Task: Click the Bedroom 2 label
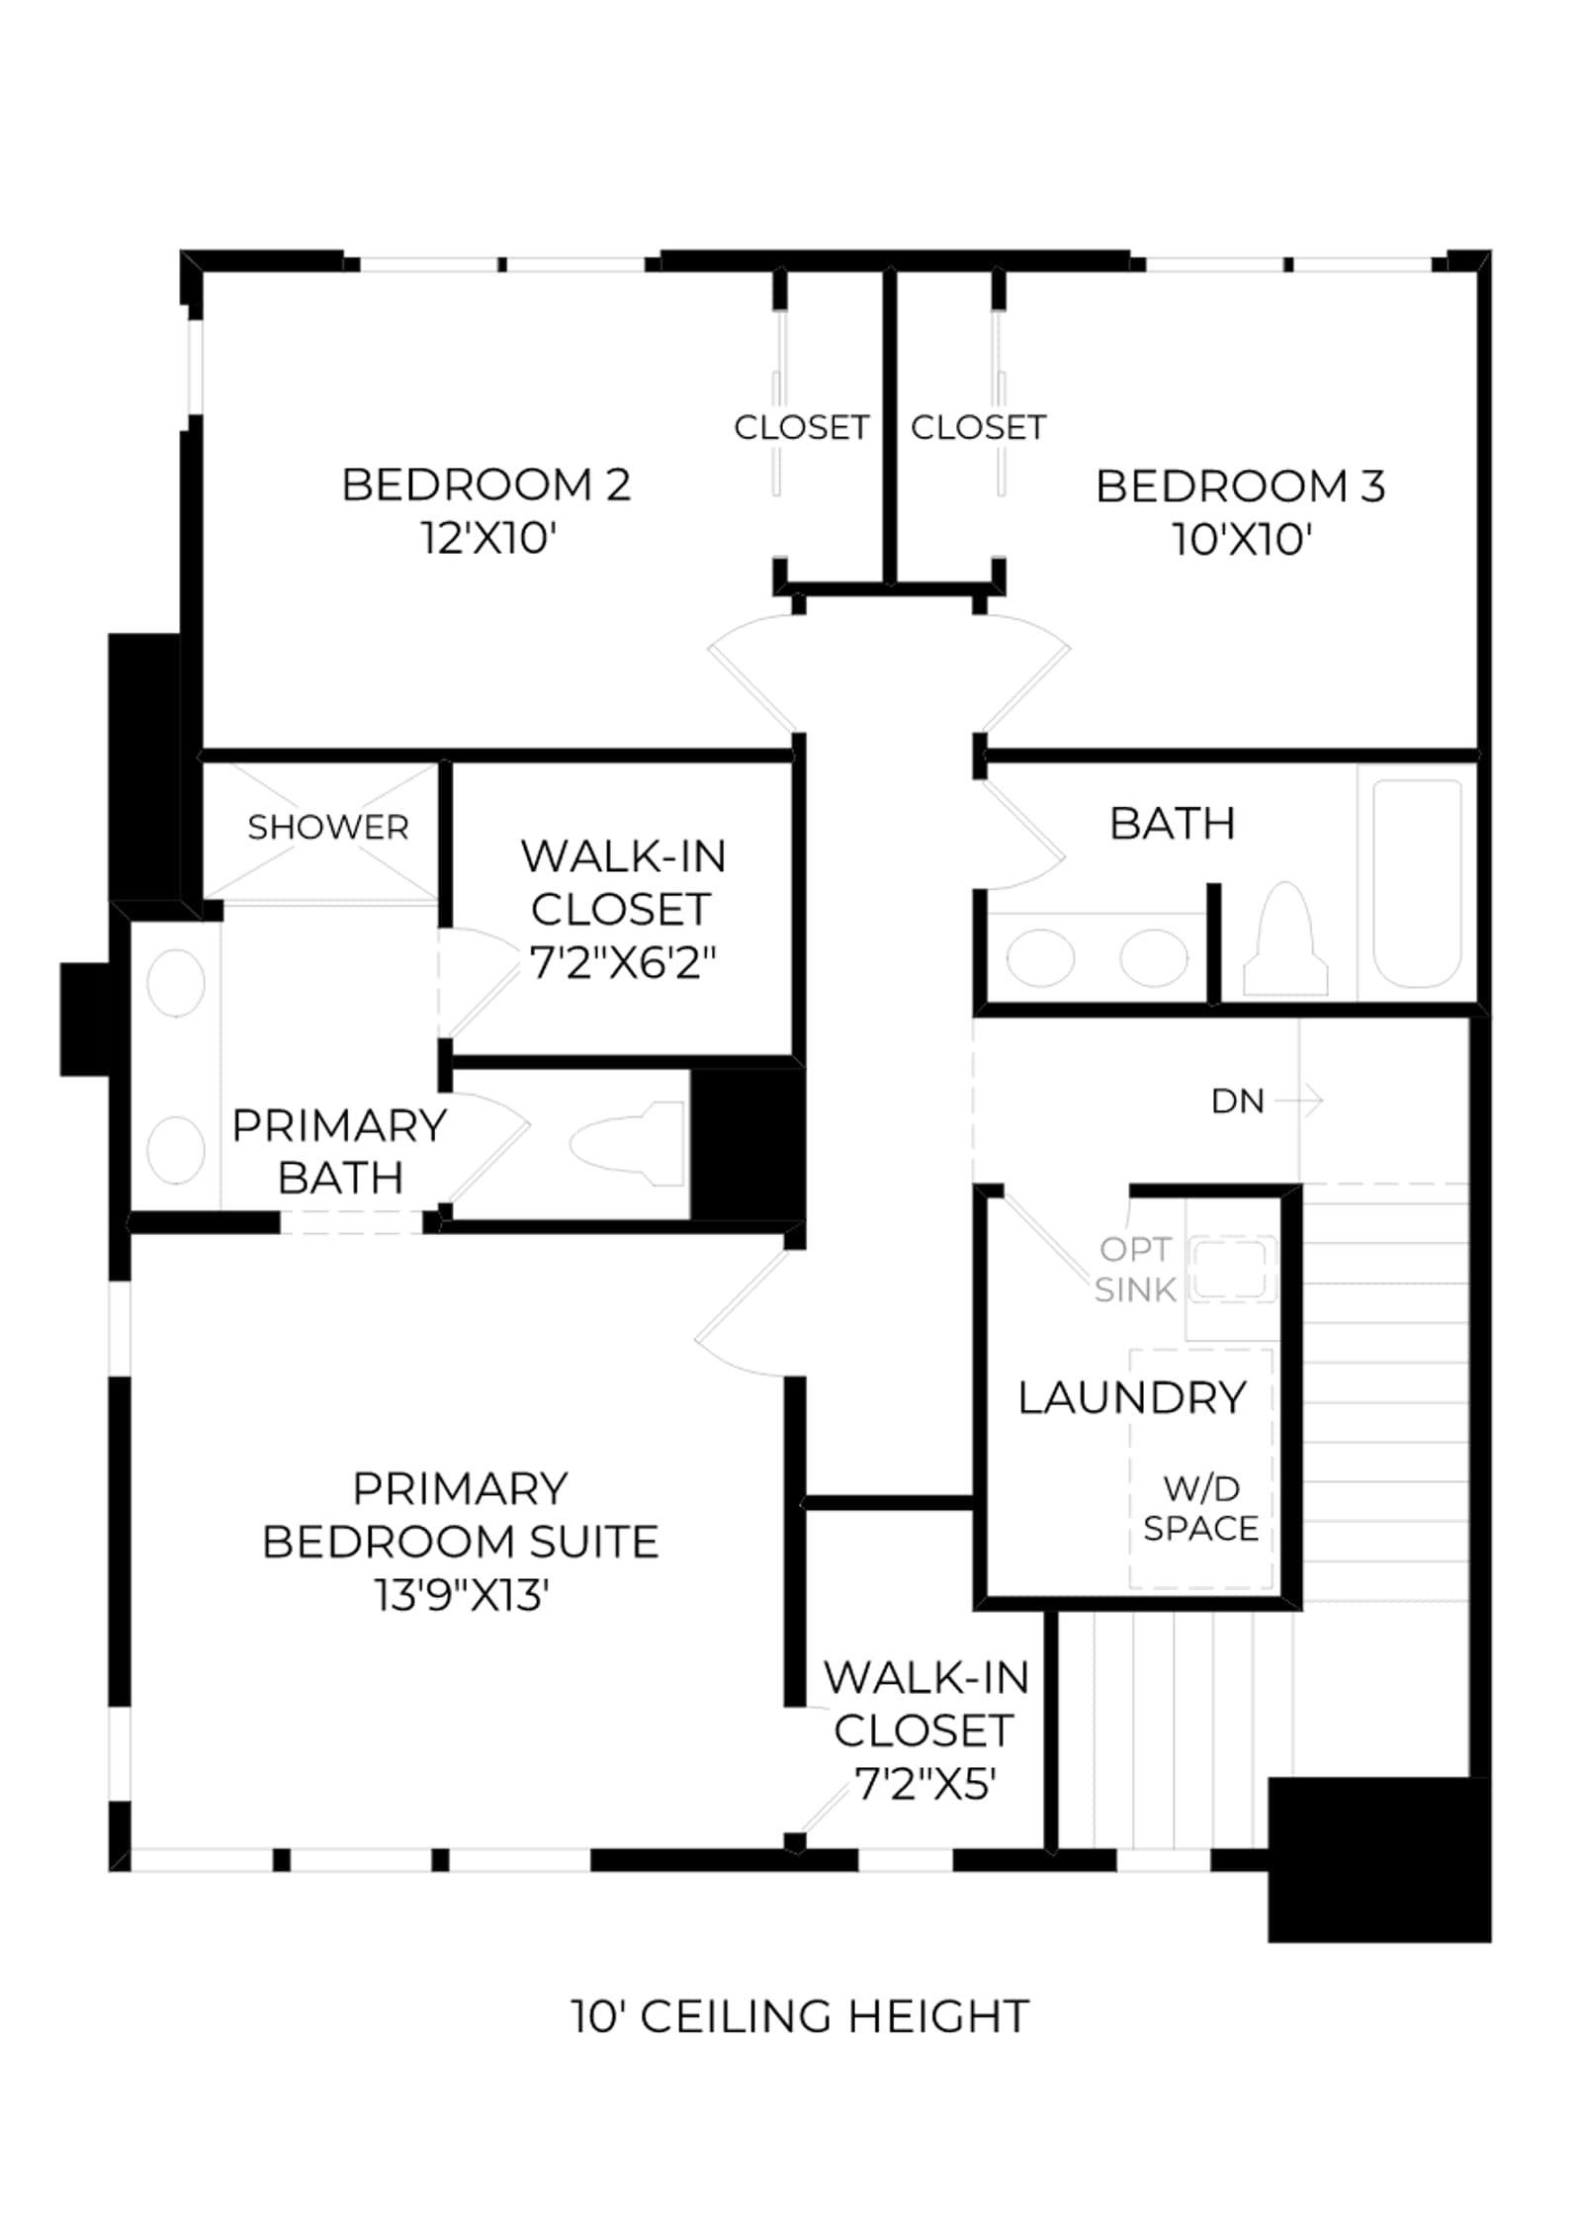click(x=485, y=485)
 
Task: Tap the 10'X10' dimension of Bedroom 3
click(x=1242, y=540)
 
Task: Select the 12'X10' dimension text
click(x=488, y=539)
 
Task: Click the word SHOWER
click(x=327, y=827)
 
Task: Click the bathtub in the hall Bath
click(x=1417, y=883)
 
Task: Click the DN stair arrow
click(x=1298, y=1100)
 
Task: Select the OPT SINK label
click(x=1135, y=1269)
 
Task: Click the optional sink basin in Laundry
click(x=1229, y=1268)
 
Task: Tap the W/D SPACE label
click(x=1200, y=1508)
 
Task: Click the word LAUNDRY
click(x=1132, y=1397)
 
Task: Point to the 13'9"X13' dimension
click(x=461, y=1594)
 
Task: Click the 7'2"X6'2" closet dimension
click(x=623, y=962)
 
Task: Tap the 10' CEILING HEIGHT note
click(x=800, y=2016)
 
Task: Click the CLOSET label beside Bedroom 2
click(x=801, y=427)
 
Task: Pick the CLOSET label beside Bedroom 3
click(x=978, y=427)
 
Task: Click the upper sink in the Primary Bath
click(x=176, y=983)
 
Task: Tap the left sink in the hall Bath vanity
click(x=1040, y=957)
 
